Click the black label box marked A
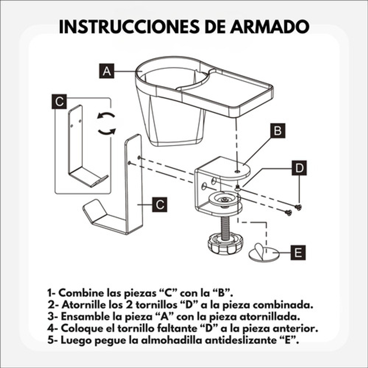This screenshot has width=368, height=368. tap(107, 71)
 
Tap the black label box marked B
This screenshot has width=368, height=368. tap(277, 131)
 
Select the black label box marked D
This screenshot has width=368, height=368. tap(299, 168)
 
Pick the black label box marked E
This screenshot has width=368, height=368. tap(298, 252)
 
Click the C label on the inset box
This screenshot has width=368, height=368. tap(59, 102)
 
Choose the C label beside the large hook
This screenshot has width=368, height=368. tap(160, 205)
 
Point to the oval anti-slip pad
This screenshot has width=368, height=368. tap(264, 254)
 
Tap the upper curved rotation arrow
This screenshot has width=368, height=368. tap(106, 115)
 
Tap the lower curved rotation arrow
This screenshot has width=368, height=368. tap(107, 132)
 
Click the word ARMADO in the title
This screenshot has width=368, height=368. tap(270, 27)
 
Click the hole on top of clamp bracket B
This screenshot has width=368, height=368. tap(237, 171)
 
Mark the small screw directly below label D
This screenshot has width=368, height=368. tap(298, 207)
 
